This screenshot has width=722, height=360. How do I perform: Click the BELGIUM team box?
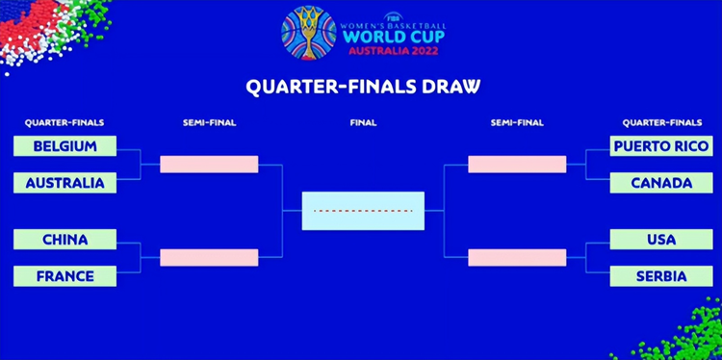coord(64,146)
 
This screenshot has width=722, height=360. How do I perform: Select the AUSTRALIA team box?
coord(64,183)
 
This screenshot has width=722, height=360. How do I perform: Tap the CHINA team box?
coord(64,240)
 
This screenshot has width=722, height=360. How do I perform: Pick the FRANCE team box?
coord(64,276)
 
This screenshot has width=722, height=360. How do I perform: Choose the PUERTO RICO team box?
coord(660,146)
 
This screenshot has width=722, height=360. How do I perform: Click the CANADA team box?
coord(660,183)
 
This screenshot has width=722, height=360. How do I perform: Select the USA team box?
coord(660,240)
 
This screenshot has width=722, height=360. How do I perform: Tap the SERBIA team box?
coord(660,276)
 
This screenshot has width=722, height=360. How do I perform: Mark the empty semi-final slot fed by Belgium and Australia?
coord(209,165)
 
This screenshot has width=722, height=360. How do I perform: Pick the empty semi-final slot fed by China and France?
coord(209,258)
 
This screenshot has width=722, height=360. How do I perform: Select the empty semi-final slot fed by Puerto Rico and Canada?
coord(517,165)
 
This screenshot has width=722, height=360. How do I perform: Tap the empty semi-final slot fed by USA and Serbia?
coord(517,258)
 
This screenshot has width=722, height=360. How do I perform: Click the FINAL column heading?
coord(363,123)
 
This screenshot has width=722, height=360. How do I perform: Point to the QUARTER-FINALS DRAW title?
coord(363,86)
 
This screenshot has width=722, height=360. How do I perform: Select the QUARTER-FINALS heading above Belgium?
coord(64,123)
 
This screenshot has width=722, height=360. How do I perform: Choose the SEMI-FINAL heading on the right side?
coord(517,123)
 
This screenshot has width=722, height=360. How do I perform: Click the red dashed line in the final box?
coord(363,210)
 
